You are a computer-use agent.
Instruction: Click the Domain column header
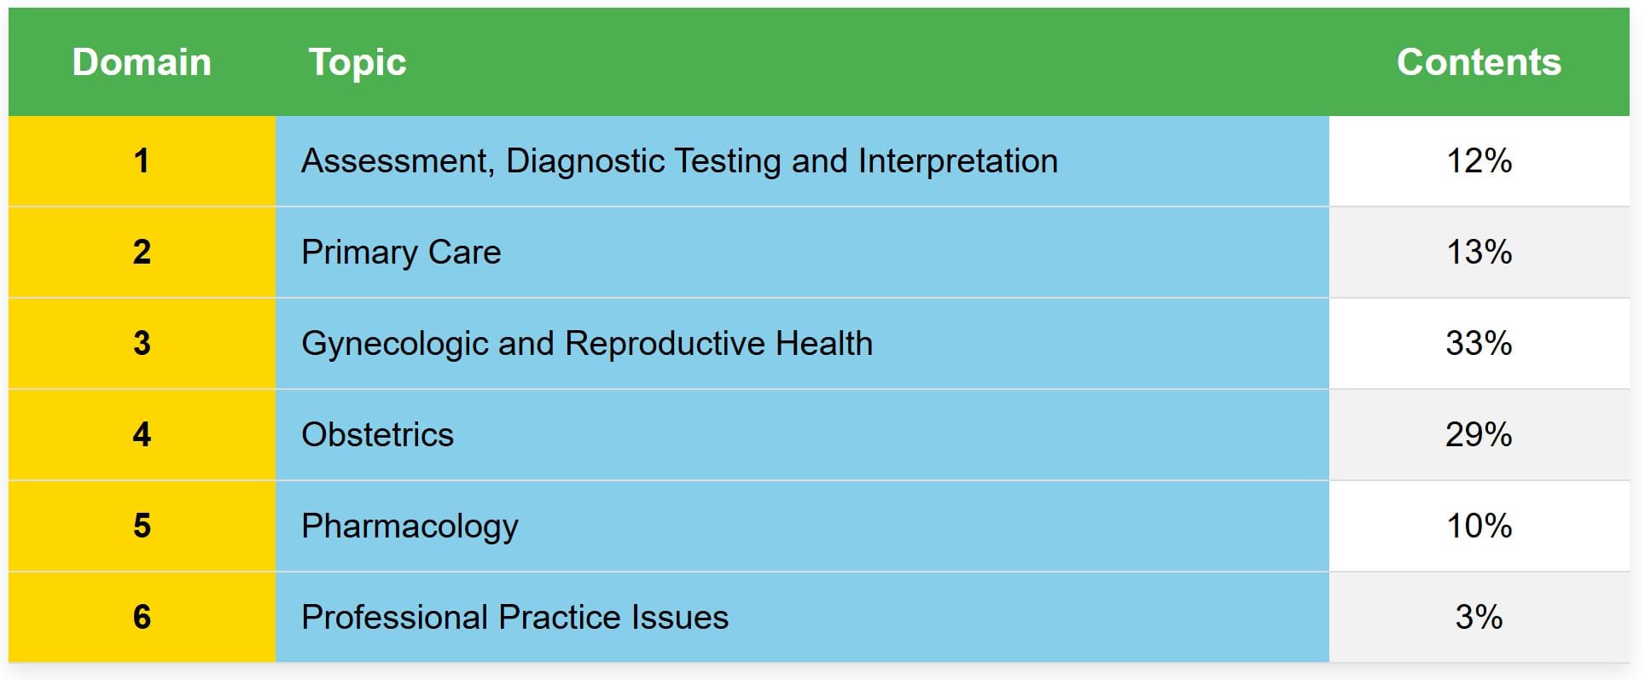point(142,62)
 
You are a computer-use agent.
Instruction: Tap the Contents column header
point(1479,62)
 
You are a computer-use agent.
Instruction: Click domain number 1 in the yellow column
point(142,160)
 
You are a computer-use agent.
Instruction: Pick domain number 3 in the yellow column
point(142,343)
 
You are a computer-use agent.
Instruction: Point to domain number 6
point(142,617)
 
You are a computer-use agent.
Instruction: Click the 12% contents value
point(1479,160)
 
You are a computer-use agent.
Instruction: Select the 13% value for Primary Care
point(1479,252)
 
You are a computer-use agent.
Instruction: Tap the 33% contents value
point(1479,343)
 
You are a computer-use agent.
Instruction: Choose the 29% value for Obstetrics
point(1479,434)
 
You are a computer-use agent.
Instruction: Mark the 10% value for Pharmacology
point(1479,526)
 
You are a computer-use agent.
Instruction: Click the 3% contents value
point(1479,617)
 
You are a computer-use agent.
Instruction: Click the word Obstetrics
point(377,434)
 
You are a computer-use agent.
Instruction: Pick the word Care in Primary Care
point(464,253)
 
